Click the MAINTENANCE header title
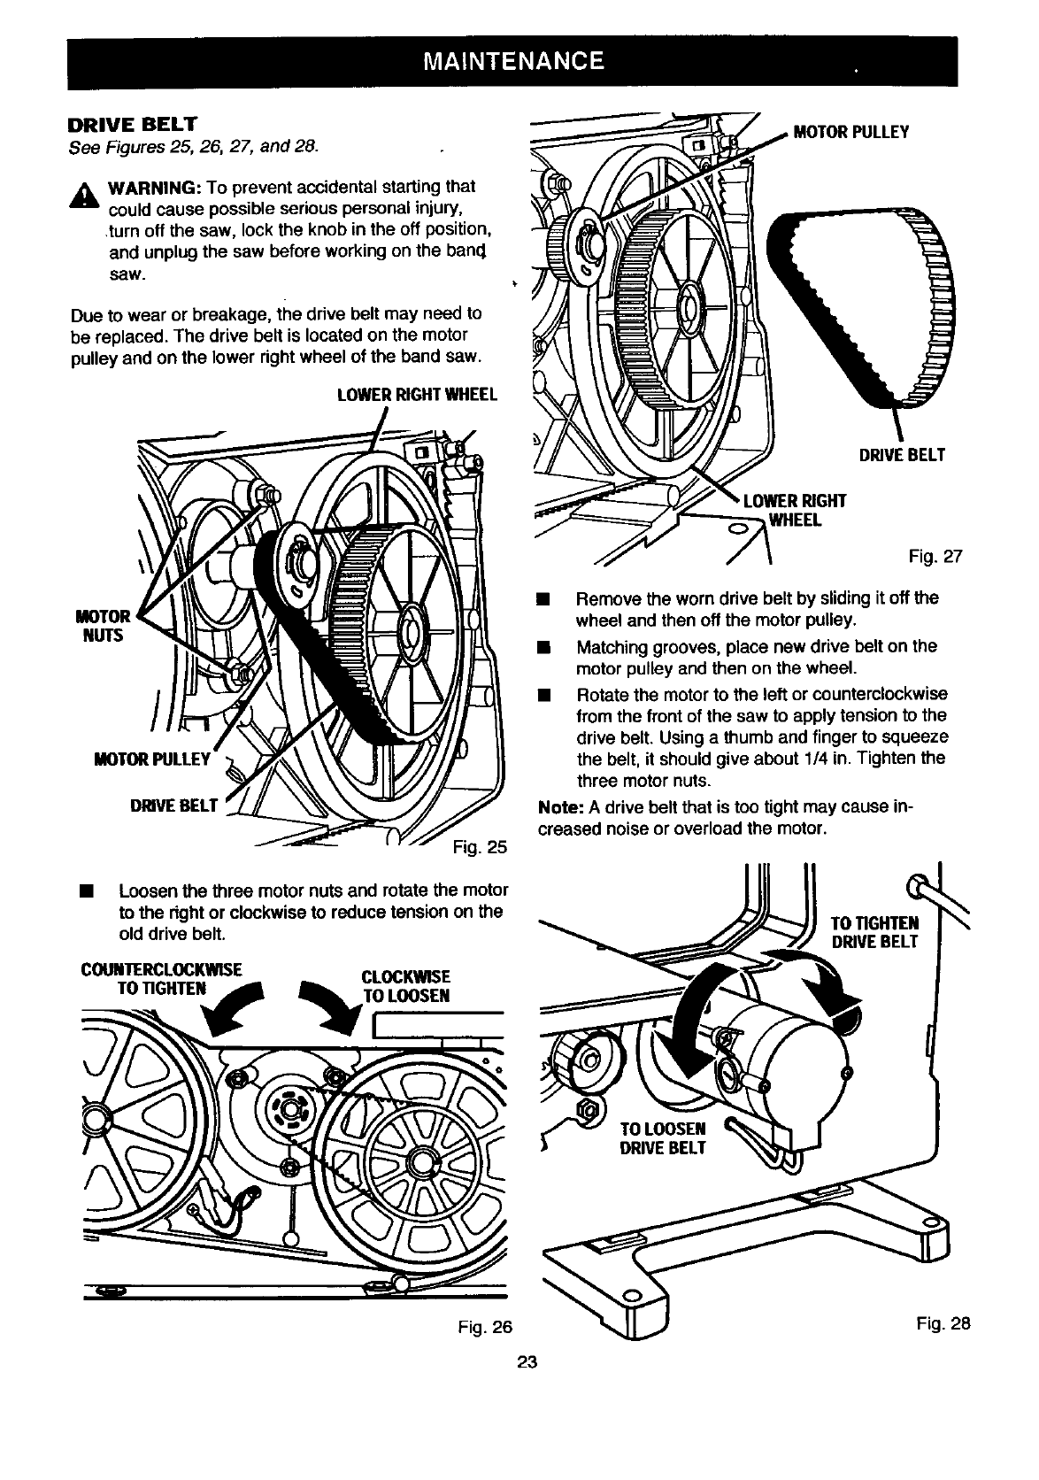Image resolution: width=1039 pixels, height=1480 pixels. (x=513, y=61)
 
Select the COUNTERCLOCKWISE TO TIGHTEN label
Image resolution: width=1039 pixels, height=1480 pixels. (x=160, y=976)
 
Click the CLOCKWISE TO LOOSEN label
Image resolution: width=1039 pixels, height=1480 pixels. (x=406, y=985)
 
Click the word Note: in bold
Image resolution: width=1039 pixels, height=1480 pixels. (x=559, y=808)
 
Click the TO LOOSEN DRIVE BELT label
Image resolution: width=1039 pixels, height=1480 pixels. (x=663, y=1138)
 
